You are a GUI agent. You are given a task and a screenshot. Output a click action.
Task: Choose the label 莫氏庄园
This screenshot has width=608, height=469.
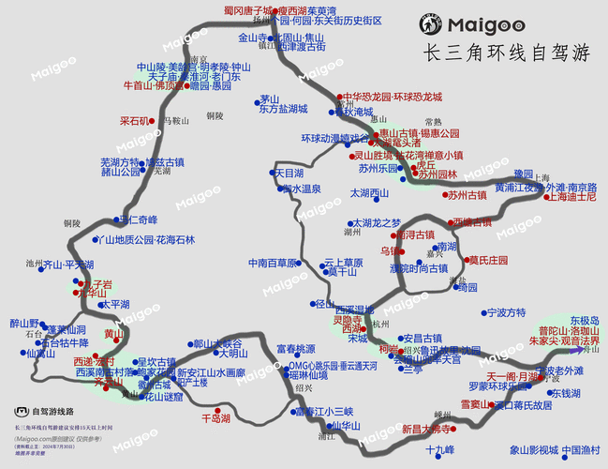(488, 260)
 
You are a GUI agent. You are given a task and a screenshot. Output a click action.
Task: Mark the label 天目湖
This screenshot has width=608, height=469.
(289, 174)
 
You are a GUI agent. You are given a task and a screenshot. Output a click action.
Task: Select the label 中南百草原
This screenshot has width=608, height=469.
(274, 263)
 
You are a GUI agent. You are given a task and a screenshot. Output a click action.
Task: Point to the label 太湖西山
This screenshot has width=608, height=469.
(369, 193)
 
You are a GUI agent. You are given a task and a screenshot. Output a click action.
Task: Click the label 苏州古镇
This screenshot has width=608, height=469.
(467, 195)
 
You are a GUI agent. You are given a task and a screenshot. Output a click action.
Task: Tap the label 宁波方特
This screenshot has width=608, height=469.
(506, 312)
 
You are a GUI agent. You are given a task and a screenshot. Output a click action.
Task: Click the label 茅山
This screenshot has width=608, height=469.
(270, 98)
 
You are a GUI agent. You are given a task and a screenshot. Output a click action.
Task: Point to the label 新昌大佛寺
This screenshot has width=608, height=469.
(427, 429)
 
